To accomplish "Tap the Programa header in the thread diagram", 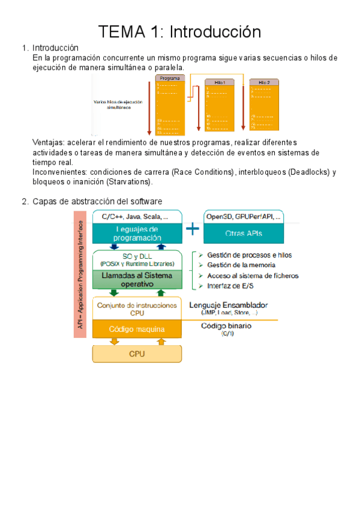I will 169,79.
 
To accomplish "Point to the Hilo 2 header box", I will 264,82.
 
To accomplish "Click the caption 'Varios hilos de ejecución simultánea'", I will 118,105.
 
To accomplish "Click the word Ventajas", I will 48,143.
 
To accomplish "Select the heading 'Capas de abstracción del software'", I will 97,201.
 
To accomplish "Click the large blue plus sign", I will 192,229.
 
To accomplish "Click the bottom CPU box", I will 137,354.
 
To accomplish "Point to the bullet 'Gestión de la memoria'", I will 241,265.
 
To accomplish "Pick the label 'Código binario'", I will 226,325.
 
